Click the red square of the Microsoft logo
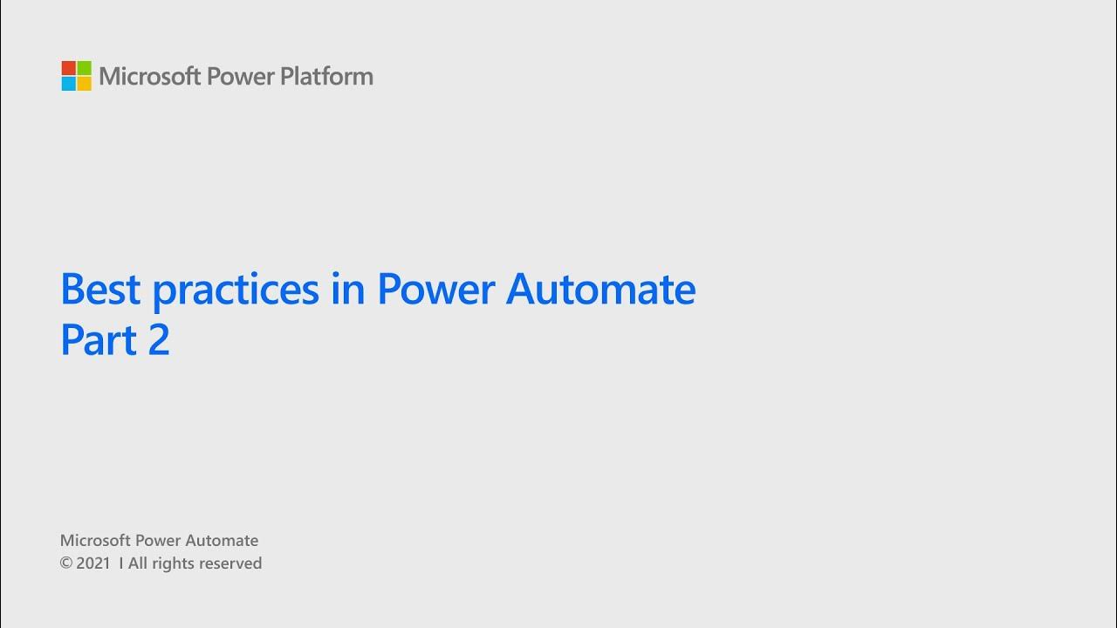click(68, 68)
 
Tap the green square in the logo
click(84, 68)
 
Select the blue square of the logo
click(68, 84)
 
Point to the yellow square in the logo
click(84, 84)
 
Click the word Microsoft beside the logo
click(149, 77)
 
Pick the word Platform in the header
click(326, 77)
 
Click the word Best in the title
click(99, 289)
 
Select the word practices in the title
click(236, 290)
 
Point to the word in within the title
click(347, 289)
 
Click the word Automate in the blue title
click(600, 289)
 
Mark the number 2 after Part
click(159, 340)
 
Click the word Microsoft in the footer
click(95, 541)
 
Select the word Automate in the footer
click(223, 541)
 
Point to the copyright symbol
click(65, 563)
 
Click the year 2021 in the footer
click(93, 563)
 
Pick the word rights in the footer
click(173, 564)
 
